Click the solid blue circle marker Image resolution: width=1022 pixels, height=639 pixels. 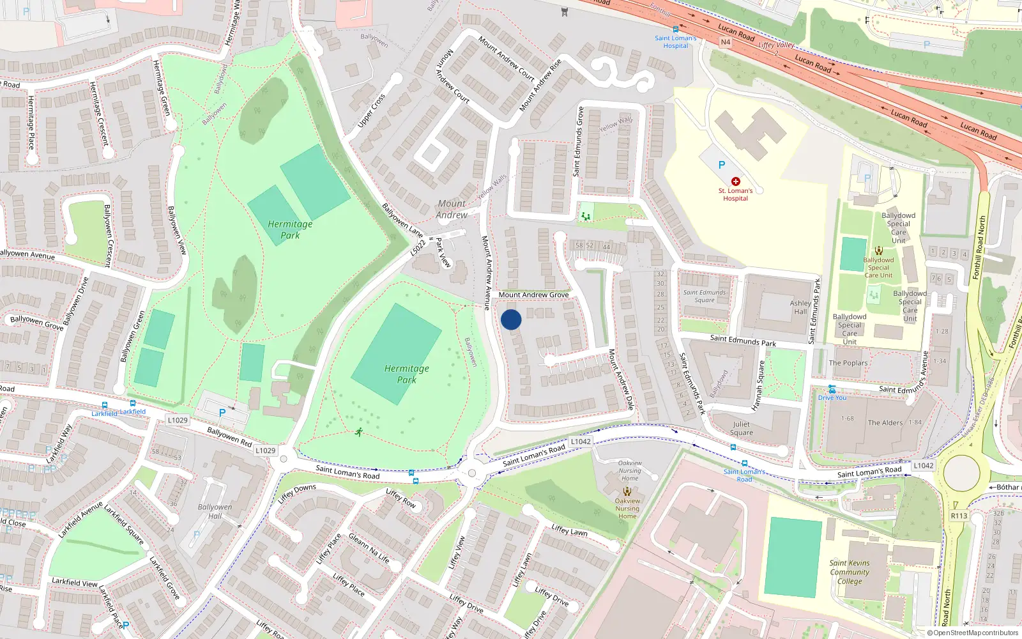pos(511,319)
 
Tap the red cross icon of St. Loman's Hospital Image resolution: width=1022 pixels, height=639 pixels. pos(736,181)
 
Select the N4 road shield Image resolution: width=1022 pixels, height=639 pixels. pos(725,42)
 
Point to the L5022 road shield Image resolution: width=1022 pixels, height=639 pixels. pos(418,247)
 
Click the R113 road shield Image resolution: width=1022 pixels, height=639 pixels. pos(959,516)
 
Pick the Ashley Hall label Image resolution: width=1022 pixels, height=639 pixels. pos(800,307)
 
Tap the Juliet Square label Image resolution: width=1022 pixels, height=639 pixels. pos(742,428)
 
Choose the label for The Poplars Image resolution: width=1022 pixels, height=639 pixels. pos(848,363)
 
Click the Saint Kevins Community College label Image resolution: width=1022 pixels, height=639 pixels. pos(850,572)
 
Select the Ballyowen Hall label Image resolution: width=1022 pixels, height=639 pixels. pos(215,511)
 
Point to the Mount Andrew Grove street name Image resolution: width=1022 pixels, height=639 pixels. pos(533,295)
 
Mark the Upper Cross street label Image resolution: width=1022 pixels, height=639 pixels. pos(371,111)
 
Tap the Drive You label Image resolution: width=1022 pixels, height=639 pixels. pos(832,397)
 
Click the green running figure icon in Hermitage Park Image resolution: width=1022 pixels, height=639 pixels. pos(359,432)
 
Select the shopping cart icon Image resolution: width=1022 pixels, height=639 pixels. pos(564,12)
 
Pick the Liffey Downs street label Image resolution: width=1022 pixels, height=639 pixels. pos(297,493)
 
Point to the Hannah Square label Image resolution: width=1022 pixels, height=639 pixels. pos(758,385)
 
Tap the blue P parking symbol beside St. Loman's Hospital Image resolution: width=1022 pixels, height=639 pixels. pos(722,165)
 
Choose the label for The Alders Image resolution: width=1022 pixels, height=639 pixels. pos(885,422)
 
